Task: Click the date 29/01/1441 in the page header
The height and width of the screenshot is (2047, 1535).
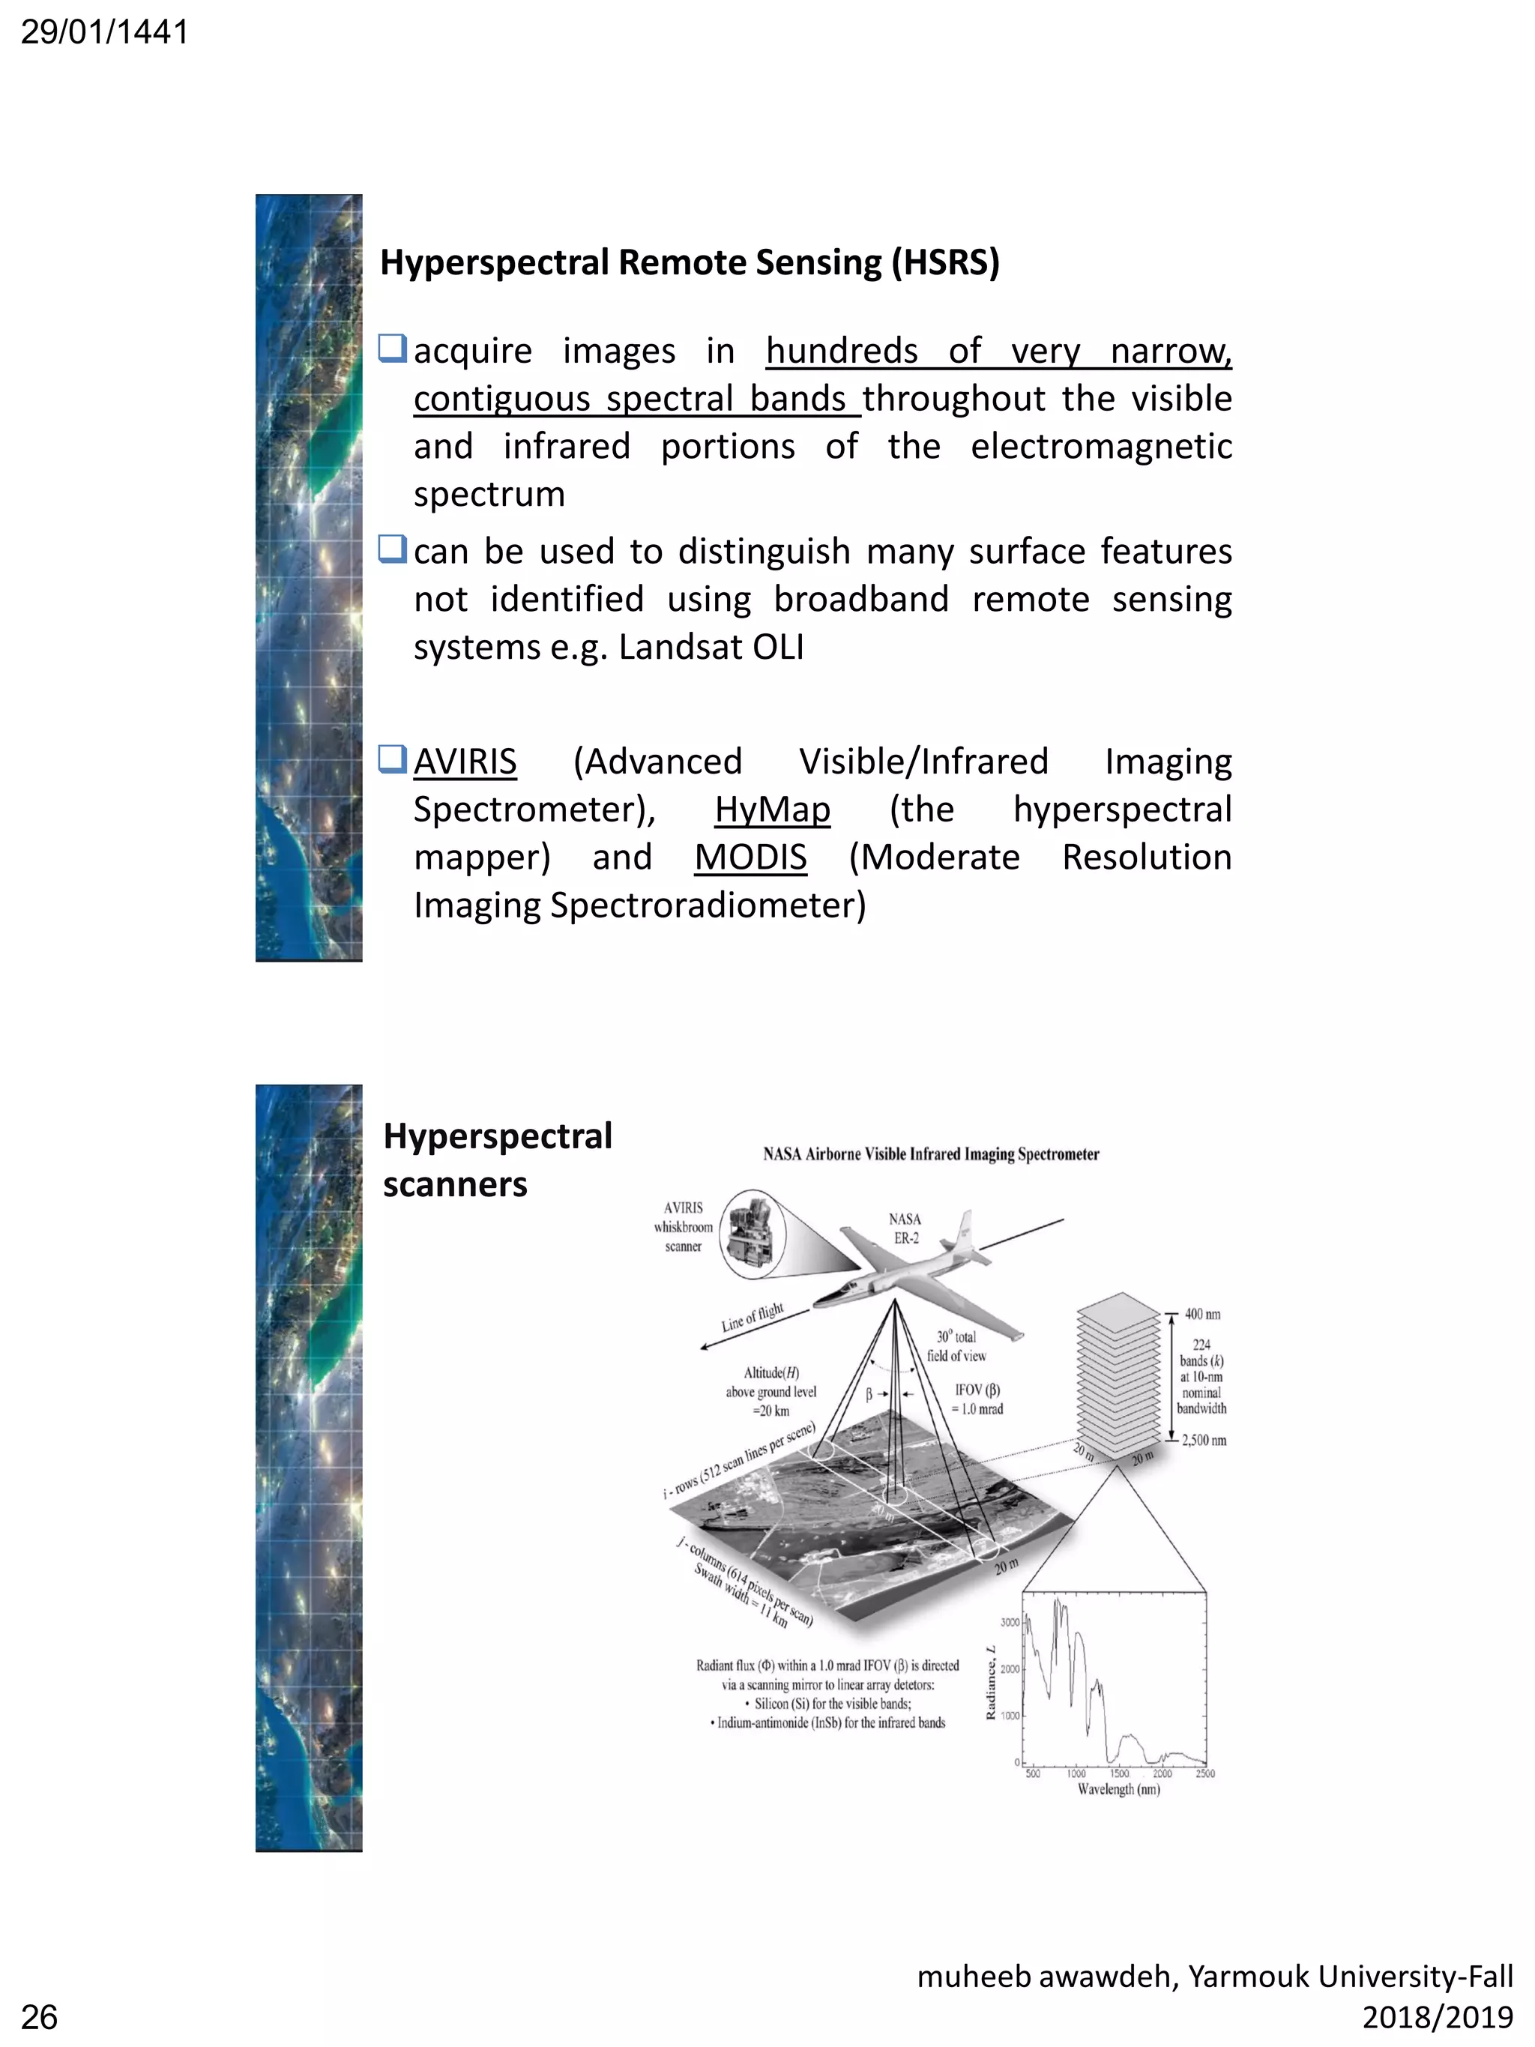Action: click(x=103, y=32)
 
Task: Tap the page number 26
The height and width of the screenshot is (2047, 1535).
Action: click(x=39, y=2016)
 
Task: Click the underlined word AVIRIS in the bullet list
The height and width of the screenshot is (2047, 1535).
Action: click(x=465, y=762)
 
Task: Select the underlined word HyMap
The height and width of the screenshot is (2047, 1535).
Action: click(x=772, y=810)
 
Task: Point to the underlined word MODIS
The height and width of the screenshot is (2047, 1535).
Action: click(x=750, y=858)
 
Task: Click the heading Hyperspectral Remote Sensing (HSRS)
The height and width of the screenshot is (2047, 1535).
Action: click(x=690, y=263)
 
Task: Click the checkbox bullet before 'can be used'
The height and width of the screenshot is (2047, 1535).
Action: click(x=392, y=549)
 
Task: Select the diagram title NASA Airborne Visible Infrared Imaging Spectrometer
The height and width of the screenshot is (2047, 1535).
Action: click(x=931, y=1154)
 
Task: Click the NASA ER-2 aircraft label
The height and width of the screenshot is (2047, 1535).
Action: click(x=905, y=1228)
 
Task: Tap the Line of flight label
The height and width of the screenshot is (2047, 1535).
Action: click(x=753, y=1316)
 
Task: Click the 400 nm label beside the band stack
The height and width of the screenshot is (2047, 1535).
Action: click(x=1202, y=1314)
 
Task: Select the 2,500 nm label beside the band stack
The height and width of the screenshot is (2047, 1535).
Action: click(x=1204, y=1440)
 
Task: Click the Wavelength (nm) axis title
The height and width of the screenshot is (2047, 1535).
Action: click(x=1118, y=1789)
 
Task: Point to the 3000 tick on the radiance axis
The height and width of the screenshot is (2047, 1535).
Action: click(x=1009, y=1621)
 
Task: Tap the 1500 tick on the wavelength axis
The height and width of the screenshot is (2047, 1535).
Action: click(x=1118, y=1773)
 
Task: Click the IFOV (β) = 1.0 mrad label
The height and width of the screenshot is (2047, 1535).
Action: click(x=977, y=1399)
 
